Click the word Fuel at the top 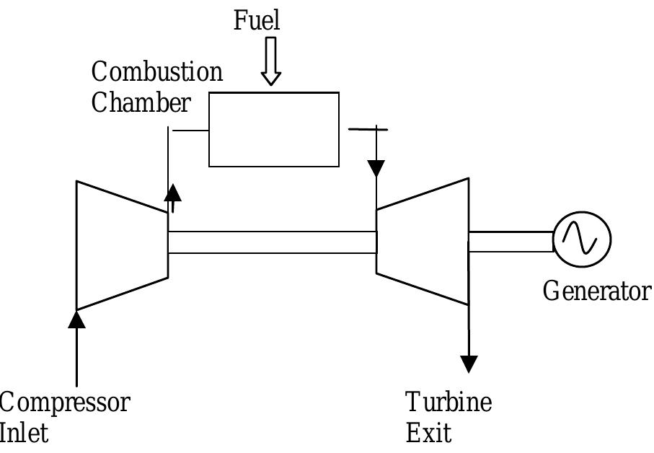tap(257, 20)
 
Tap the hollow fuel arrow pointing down tap(271, 62)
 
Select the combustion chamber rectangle tap(274, 130)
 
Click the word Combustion tap(157, 72)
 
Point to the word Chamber tap(141, 103)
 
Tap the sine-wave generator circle tap(582, 239)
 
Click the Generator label tap(596, 291)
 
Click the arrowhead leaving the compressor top tap(173, 192)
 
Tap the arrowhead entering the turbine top tap(376, 169)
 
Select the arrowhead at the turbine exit tap(469, 364)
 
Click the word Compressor tap(65, 403)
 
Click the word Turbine tap(448, 403)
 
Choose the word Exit tap(428, 434)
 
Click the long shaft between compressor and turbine tap(273, 242)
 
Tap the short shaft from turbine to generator tap(511, 242)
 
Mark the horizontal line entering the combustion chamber tap(189, 131)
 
